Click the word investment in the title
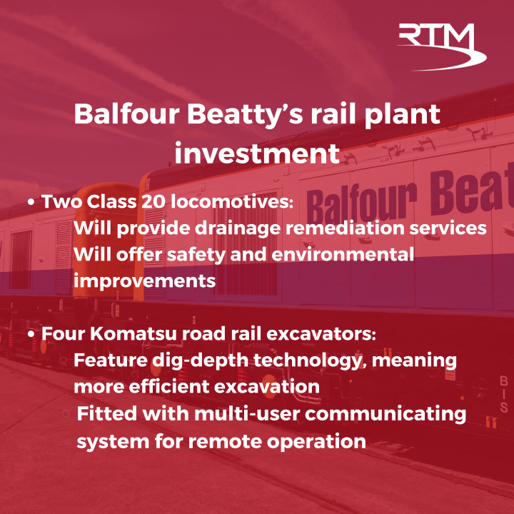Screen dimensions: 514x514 (257, 153)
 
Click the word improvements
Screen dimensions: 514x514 (144, 281)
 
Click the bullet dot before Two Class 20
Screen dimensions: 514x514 (31, 203)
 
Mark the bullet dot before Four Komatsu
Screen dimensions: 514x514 (31, 334)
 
